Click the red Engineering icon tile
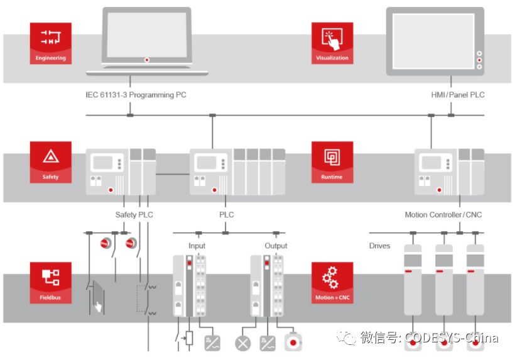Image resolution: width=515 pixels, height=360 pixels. [x=50, y=43]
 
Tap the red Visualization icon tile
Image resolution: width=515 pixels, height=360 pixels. [x=332, y=43]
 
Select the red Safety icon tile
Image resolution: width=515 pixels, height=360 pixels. [x=50, y=162]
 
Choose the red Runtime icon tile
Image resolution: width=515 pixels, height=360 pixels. [x=332, y=162]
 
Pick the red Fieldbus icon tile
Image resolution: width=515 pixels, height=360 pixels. [x=50, y=283]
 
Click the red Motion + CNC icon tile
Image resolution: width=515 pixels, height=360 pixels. [x=332, y=283]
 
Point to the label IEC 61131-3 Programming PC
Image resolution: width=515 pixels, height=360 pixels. [x=136, y=95]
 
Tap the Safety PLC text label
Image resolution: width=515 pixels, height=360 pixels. [x=134, y=215]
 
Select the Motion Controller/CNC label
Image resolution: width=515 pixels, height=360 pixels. [x=443, y=215]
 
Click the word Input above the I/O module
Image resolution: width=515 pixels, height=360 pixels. [x=197, y=246]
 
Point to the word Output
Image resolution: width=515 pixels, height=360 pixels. [x=276, y=246]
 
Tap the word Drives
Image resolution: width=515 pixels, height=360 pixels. [x=379, y=246]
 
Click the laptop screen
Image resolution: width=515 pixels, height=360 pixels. [x=146, y=34]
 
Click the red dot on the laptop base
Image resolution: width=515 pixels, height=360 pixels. [x=147, y=60]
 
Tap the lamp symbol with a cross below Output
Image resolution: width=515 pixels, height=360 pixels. [x=242, y=343]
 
